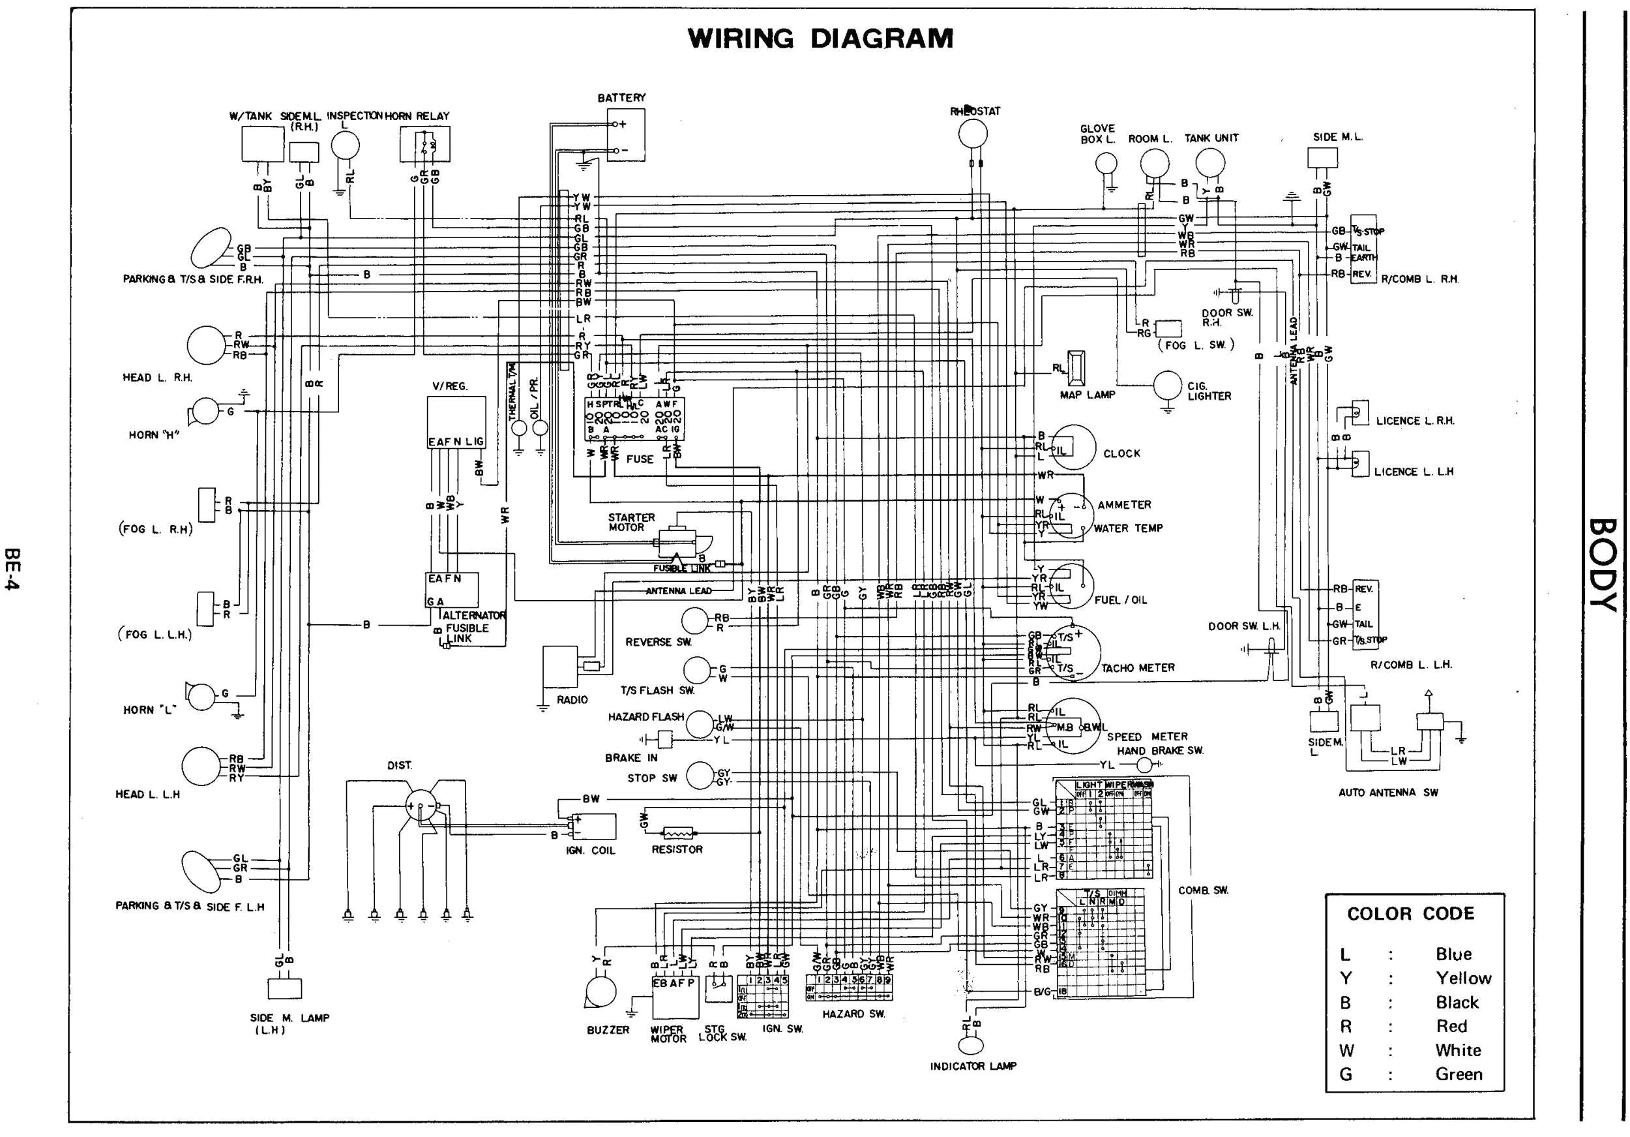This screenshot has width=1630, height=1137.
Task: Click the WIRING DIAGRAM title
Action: click(x=821, y=39)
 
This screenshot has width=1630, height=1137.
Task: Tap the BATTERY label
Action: click(x=621, y=98)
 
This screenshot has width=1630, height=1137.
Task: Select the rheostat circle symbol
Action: click(x=973, y=133)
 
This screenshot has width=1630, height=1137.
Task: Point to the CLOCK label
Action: click(x=1121, y=453)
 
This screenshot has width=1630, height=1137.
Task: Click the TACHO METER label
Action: click(x=1137, y=667)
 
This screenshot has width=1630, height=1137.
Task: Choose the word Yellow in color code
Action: click(x=1463, y=978)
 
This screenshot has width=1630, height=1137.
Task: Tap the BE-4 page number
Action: click(x=12, y=568)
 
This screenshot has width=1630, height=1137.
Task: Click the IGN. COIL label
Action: click(x=590, y=850)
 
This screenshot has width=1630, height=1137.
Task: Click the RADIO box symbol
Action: click(x=561, y=666)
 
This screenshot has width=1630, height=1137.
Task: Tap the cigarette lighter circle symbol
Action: click(x=1167, y=386)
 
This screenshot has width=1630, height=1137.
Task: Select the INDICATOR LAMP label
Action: click(x=973, y=1066)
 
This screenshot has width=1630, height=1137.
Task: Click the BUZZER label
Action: click(x=608, y=1030)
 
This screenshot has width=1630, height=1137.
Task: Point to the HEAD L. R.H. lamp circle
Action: click(x=206, y=345)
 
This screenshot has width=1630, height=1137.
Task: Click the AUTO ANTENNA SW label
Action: click(x=1388, y=793)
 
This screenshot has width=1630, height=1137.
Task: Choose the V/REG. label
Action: click(x=449, y=386)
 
